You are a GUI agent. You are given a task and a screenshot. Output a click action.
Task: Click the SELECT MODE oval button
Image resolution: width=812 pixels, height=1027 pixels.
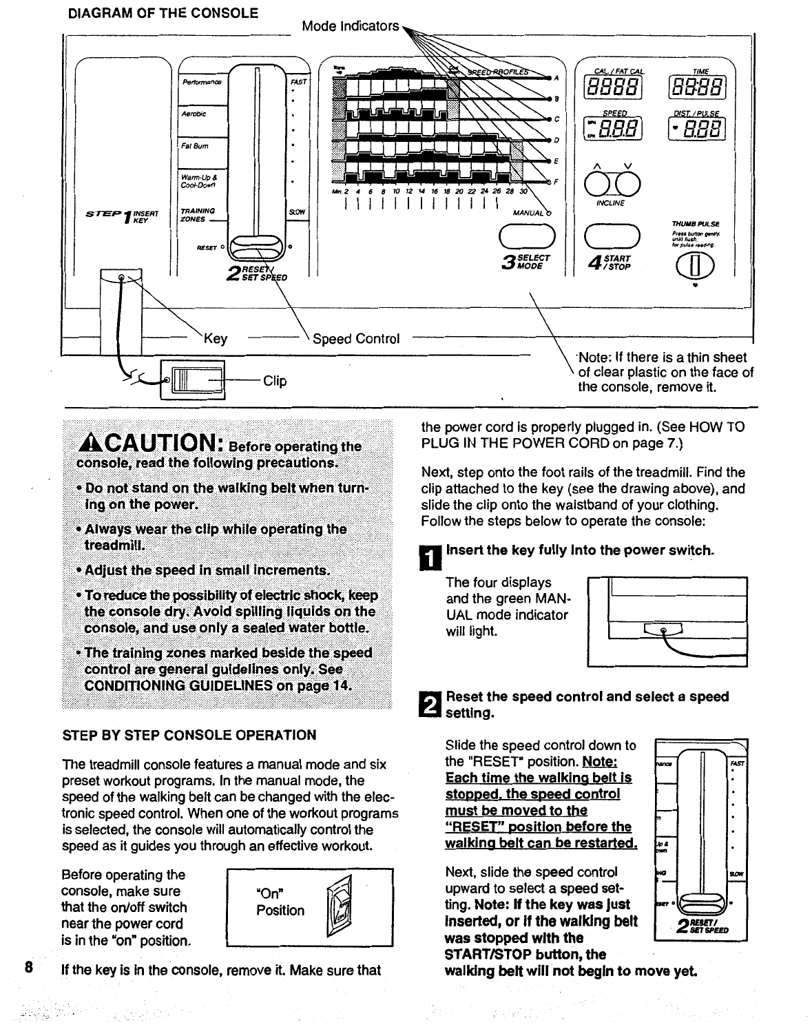point(527,236)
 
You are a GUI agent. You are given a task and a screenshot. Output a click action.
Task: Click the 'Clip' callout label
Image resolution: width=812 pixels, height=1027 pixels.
point(275,380)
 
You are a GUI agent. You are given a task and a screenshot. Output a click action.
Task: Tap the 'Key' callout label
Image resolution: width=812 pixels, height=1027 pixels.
point(215,338)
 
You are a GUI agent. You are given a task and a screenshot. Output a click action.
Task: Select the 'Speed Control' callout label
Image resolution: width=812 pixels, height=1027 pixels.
point(356,339)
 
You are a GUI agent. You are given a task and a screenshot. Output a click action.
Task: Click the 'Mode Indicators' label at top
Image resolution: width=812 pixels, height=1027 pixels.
point(351,26)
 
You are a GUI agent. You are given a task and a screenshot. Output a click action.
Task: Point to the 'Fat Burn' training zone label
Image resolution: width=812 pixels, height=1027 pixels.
point(195,146)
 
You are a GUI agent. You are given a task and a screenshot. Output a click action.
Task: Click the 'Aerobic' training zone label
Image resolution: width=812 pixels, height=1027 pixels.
point(194,114)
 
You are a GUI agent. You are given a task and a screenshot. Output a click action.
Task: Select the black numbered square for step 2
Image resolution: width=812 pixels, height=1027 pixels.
point(431,704)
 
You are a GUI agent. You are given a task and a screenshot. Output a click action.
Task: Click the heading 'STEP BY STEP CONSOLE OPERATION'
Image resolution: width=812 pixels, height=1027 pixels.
point(189,735)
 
